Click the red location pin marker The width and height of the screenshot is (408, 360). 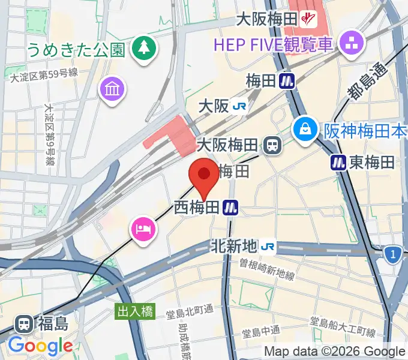203,175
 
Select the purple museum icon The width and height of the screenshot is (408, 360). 112,90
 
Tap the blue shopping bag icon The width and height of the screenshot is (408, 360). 305,129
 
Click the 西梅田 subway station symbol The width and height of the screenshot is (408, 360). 231,208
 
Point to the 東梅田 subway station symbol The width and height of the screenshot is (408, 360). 338,161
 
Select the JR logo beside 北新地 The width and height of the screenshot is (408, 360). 268,246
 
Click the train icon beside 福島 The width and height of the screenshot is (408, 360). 25,324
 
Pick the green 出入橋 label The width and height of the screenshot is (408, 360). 135,311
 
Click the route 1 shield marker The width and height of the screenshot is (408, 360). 393,256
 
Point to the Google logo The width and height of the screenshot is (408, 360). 40,345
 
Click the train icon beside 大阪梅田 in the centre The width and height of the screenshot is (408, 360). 273,145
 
